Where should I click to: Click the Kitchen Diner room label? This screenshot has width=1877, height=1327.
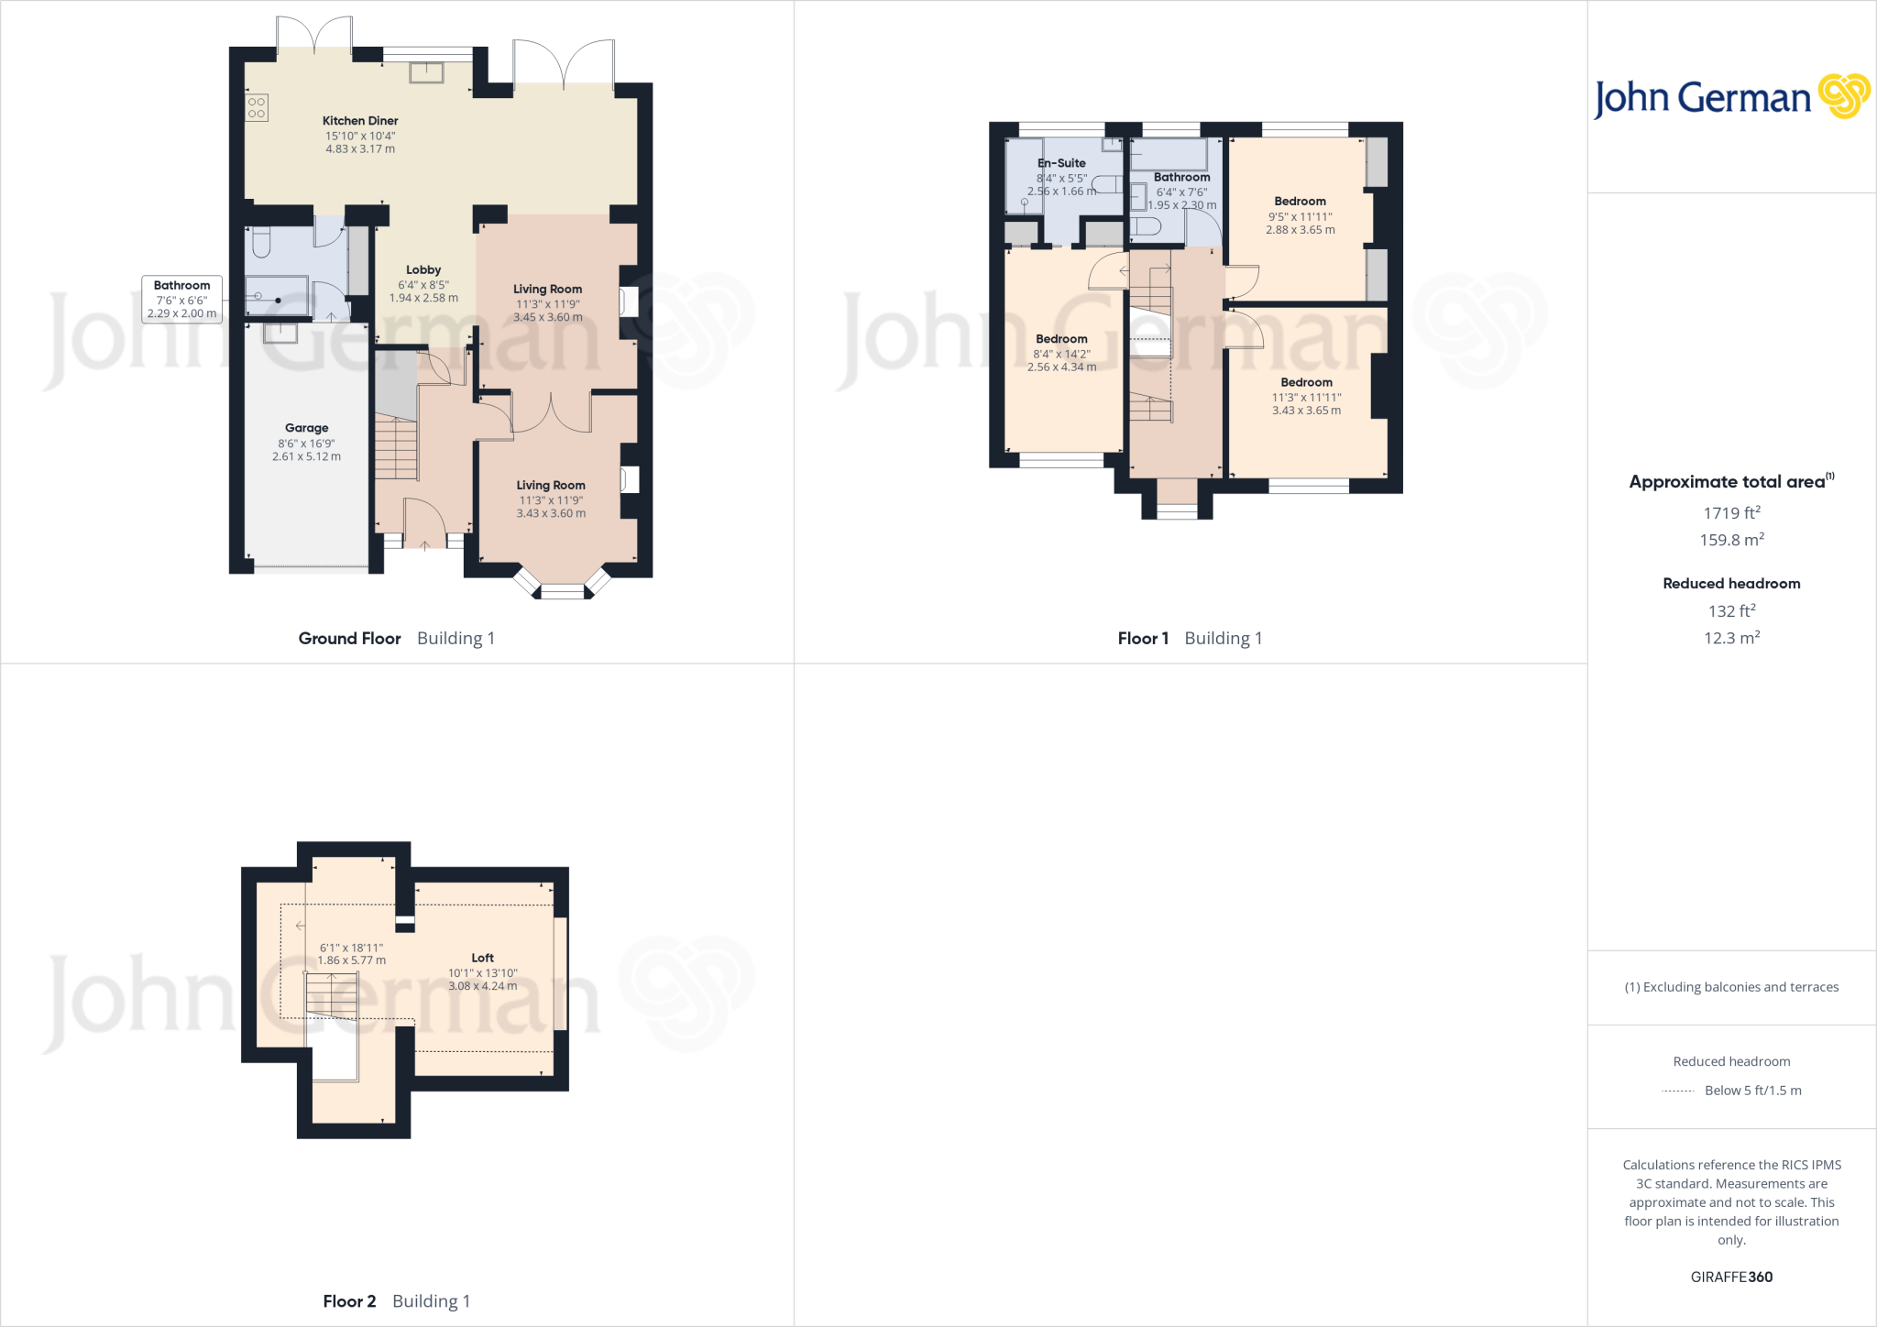tap(360, 121)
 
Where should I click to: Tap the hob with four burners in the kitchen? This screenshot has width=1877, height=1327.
tap(257, 108)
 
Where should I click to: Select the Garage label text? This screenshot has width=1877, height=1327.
tap(306, 428)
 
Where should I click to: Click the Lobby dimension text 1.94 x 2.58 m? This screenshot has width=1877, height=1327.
tap(423, 298)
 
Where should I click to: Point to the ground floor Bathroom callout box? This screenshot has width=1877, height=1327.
tap(181, 299)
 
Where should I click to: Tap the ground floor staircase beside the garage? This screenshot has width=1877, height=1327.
tap(396, 447)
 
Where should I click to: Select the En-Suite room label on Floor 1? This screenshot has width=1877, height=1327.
tap(1061, 163)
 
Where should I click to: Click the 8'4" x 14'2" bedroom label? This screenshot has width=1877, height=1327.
tap(1061, 339)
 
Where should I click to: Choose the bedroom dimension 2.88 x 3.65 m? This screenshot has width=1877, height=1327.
tap(1300, 230)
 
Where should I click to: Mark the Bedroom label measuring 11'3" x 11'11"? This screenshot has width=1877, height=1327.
tap(1306, 382)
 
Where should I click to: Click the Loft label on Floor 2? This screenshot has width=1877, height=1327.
tap(482, 958)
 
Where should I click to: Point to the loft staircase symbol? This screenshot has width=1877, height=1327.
tap(331, 994)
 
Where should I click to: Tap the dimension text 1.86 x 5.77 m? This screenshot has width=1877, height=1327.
tap(351, 960)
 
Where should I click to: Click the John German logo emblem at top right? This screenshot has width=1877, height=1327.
tap(1843, 96)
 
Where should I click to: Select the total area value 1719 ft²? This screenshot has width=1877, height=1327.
tap(1731, 513)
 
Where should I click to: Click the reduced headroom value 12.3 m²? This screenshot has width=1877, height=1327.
tap(1731, 638)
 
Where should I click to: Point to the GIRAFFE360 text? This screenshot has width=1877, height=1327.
tap(1731, 1277)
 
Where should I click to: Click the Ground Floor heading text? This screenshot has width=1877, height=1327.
tap(349, 639)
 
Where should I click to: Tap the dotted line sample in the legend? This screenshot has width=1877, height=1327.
tap(1677, 1091)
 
